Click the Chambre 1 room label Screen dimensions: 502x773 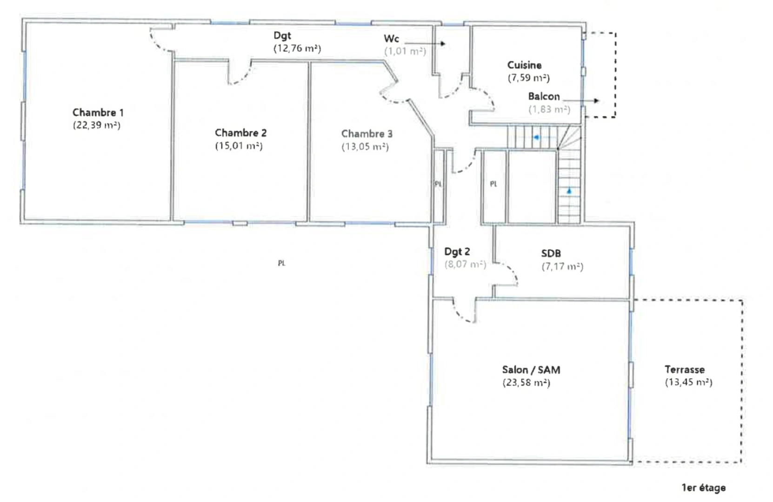[x=98, y=112]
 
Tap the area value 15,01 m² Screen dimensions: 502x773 [x=239, y=146]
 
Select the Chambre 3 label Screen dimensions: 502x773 [x=367, y=134]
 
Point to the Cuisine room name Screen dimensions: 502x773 [x=524, y=65]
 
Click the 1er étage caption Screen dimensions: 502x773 [x=703, y=488]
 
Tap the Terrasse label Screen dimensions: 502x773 [x=684, y=370]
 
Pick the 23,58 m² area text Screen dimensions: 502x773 [x=526, y=383]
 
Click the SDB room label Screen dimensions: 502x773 [x=551, y=253]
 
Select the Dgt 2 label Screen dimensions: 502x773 [x=457, y=251]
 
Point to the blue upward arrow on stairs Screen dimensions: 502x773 [x=569, y=191]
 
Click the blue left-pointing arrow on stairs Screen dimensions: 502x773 [x=536, y=138]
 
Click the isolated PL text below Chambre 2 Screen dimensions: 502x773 [x=281, y=263]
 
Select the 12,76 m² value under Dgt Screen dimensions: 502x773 [x=297, y=48]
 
